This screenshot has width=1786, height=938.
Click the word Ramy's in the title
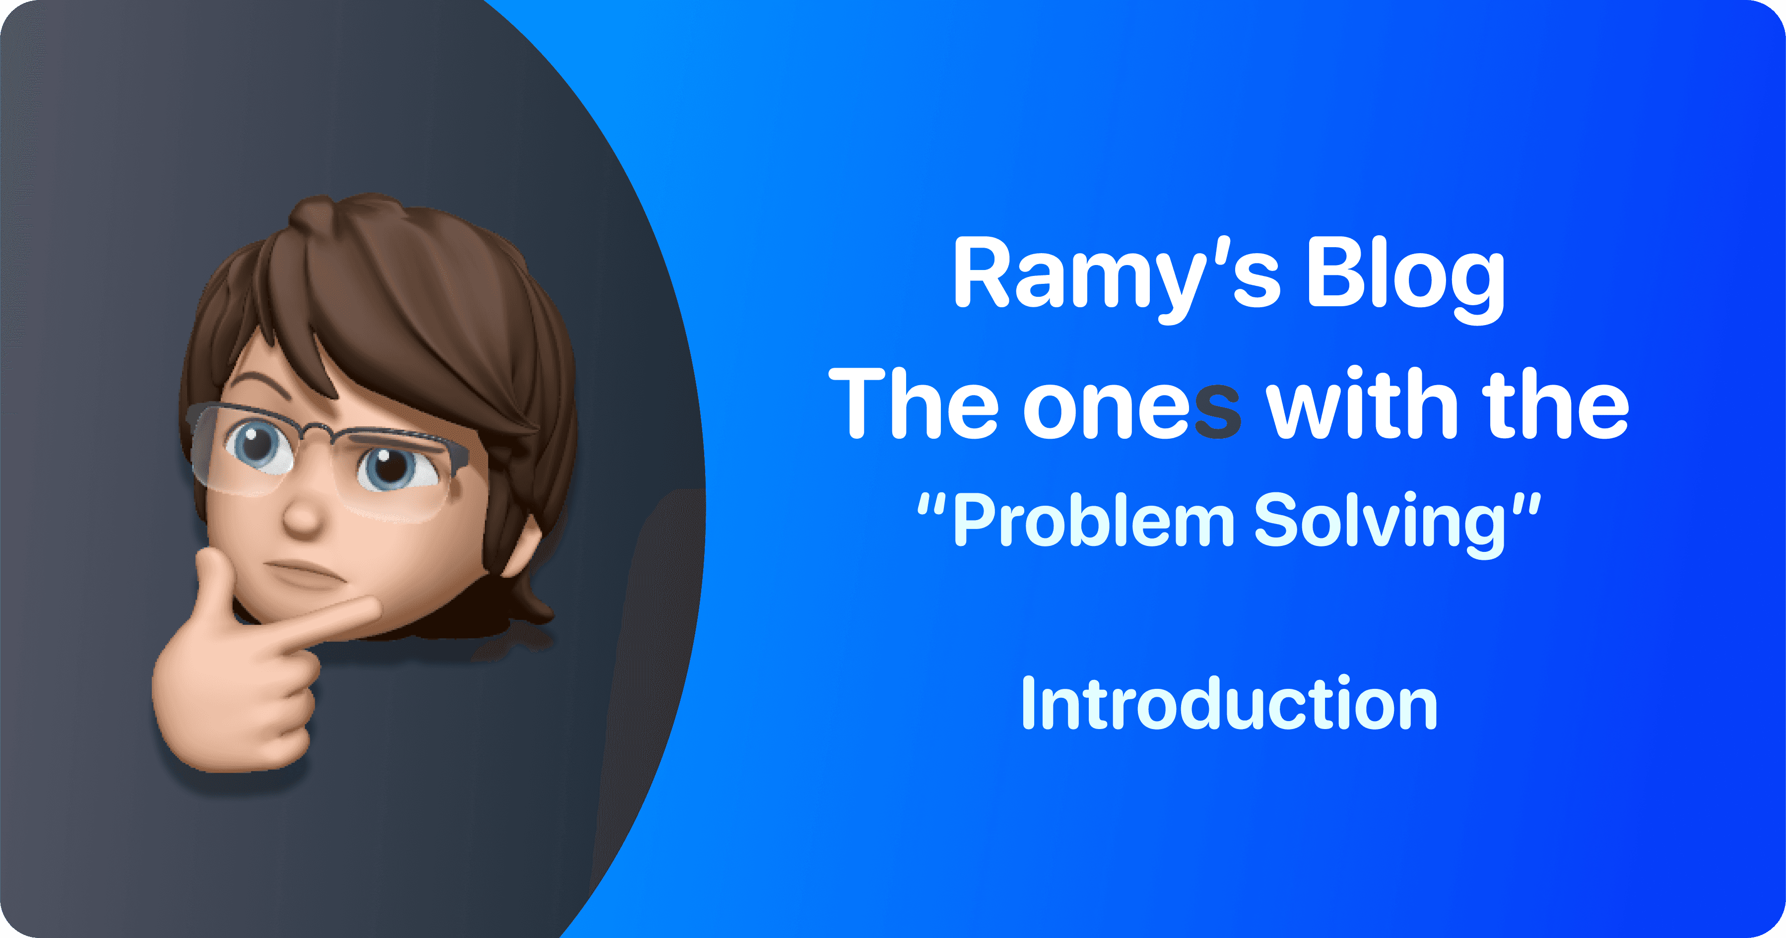click(1116, 274)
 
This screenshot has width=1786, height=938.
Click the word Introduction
click(1229, 704)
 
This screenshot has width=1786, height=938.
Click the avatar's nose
click(304, 517)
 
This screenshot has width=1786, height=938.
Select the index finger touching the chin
click(326, 620)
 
